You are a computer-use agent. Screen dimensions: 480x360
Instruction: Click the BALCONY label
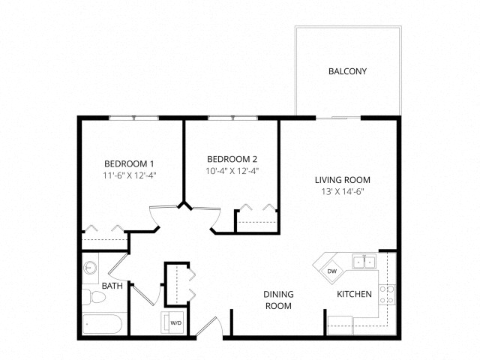347,71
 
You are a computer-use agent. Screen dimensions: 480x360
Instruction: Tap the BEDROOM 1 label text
129,164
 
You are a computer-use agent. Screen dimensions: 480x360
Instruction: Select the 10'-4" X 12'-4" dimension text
232,171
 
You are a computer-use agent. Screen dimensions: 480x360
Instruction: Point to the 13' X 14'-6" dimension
343,192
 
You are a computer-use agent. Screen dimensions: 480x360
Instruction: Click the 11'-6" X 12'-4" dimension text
130,175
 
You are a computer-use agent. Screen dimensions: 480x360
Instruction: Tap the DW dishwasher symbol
331,271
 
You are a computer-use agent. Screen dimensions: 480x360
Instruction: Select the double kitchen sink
364,262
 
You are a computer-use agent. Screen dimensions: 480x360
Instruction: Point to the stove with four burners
387,295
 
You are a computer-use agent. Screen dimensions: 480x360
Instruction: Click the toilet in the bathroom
94,297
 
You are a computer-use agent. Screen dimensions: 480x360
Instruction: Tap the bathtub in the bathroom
102,324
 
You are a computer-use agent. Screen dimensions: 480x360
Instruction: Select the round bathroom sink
90,268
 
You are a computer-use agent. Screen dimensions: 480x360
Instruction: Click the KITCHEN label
354,294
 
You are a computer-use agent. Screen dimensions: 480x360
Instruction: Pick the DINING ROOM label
278,300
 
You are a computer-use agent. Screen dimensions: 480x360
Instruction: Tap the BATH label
112,286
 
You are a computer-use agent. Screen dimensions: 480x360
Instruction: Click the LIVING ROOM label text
343,180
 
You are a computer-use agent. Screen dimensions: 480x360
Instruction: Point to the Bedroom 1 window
133,118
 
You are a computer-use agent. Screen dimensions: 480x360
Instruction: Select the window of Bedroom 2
233,118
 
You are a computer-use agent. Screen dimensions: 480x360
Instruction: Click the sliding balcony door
338,118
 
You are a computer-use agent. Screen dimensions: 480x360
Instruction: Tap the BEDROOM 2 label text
232,159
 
